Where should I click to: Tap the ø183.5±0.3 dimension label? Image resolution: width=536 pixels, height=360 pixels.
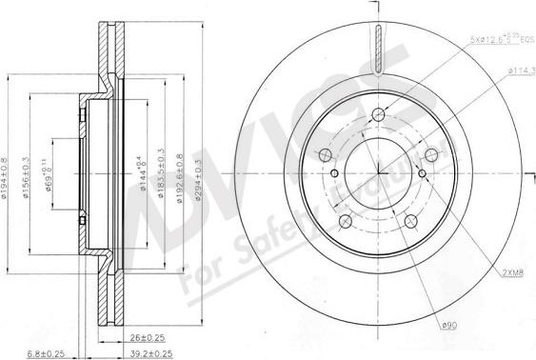point(162,170)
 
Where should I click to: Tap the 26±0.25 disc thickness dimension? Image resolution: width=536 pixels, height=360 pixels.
point(148,335)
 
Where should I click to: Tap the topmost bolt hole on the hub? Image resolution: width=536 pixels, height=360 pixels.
point(378,115)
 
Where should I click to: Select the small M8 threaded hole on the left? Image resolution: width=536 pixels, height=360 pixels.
point(335,172)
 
